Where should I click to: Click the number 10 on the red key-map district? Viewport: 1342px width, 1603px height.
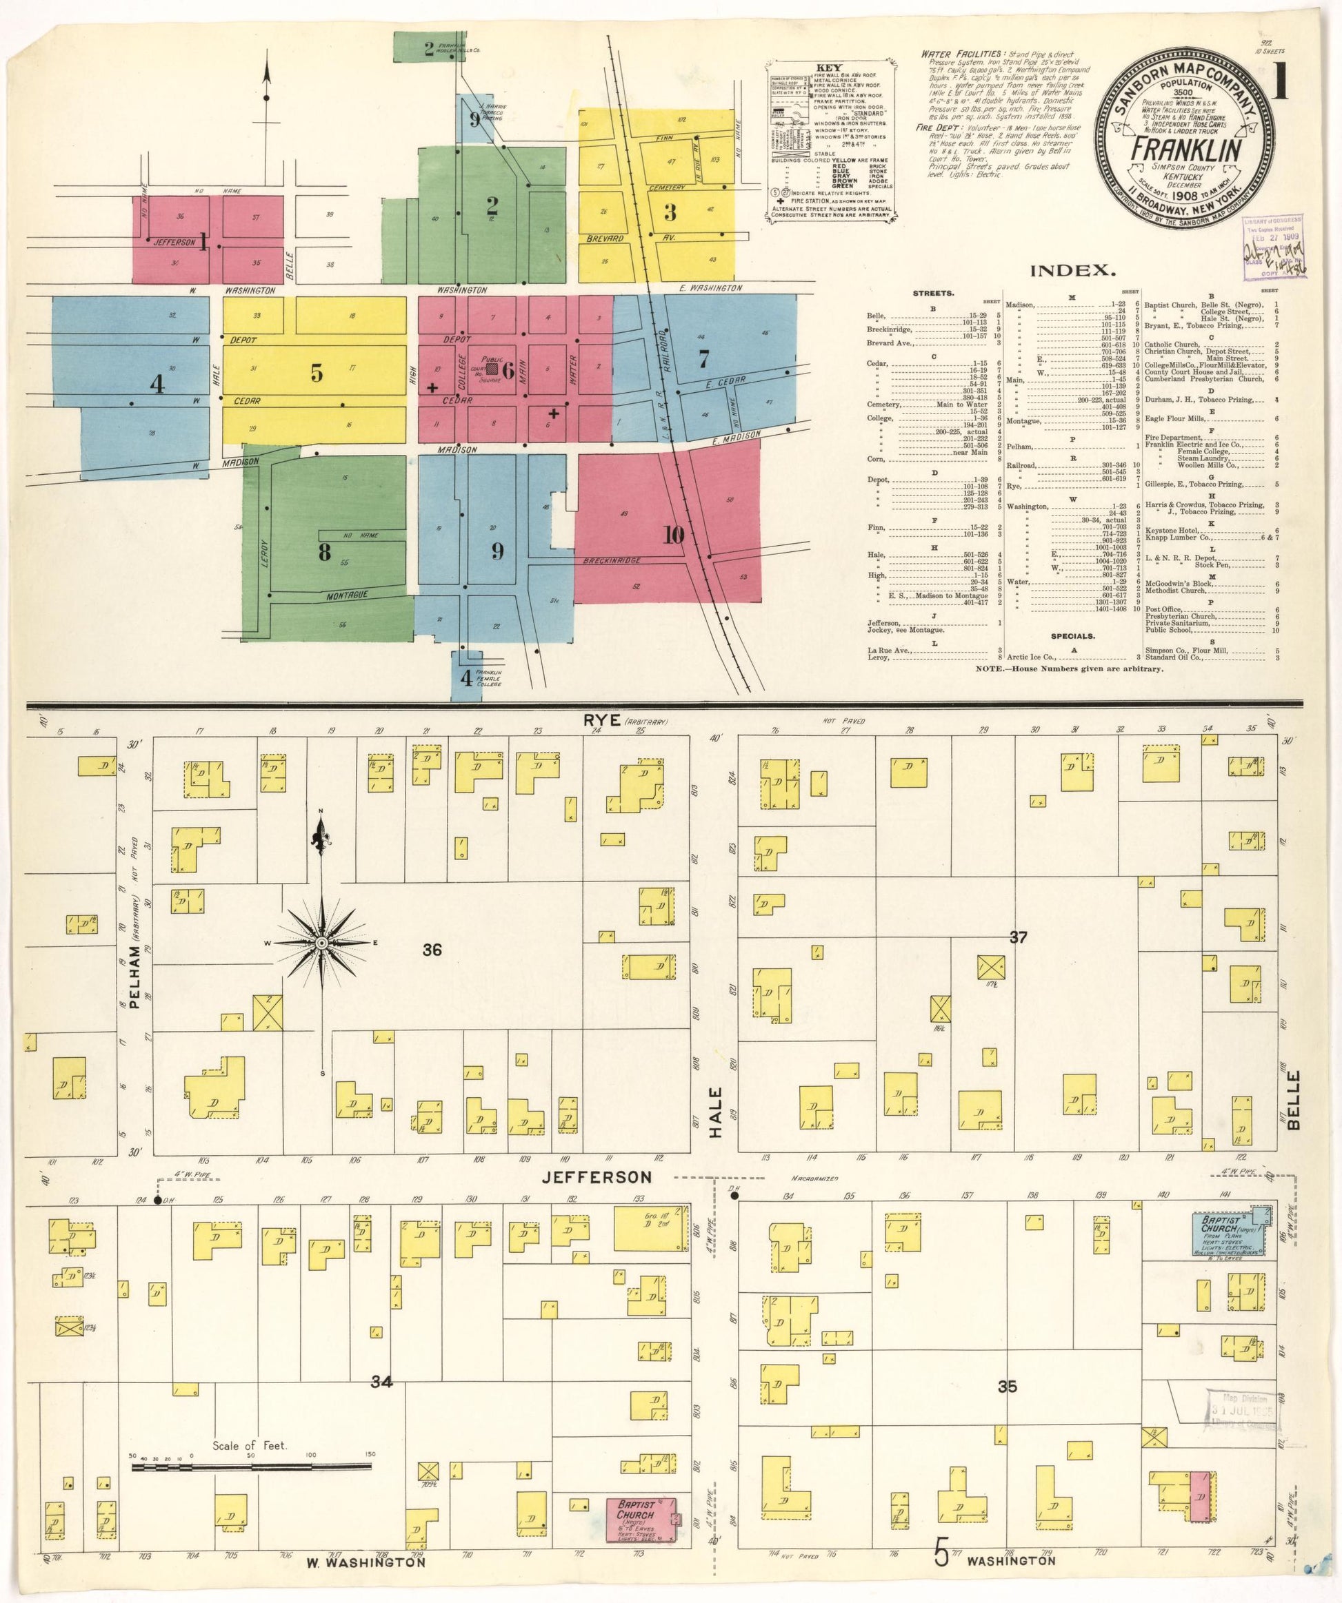click(x=673, y=535)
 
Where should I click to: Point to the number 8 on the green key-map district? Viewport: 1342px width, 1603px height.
click(x=325, y=552)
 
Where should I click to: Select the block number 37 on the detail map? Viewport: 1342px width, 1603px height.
click(x=1018, y=938)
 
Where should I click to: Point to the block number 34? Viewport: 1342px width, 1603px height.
click(x=382, y=1381)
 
